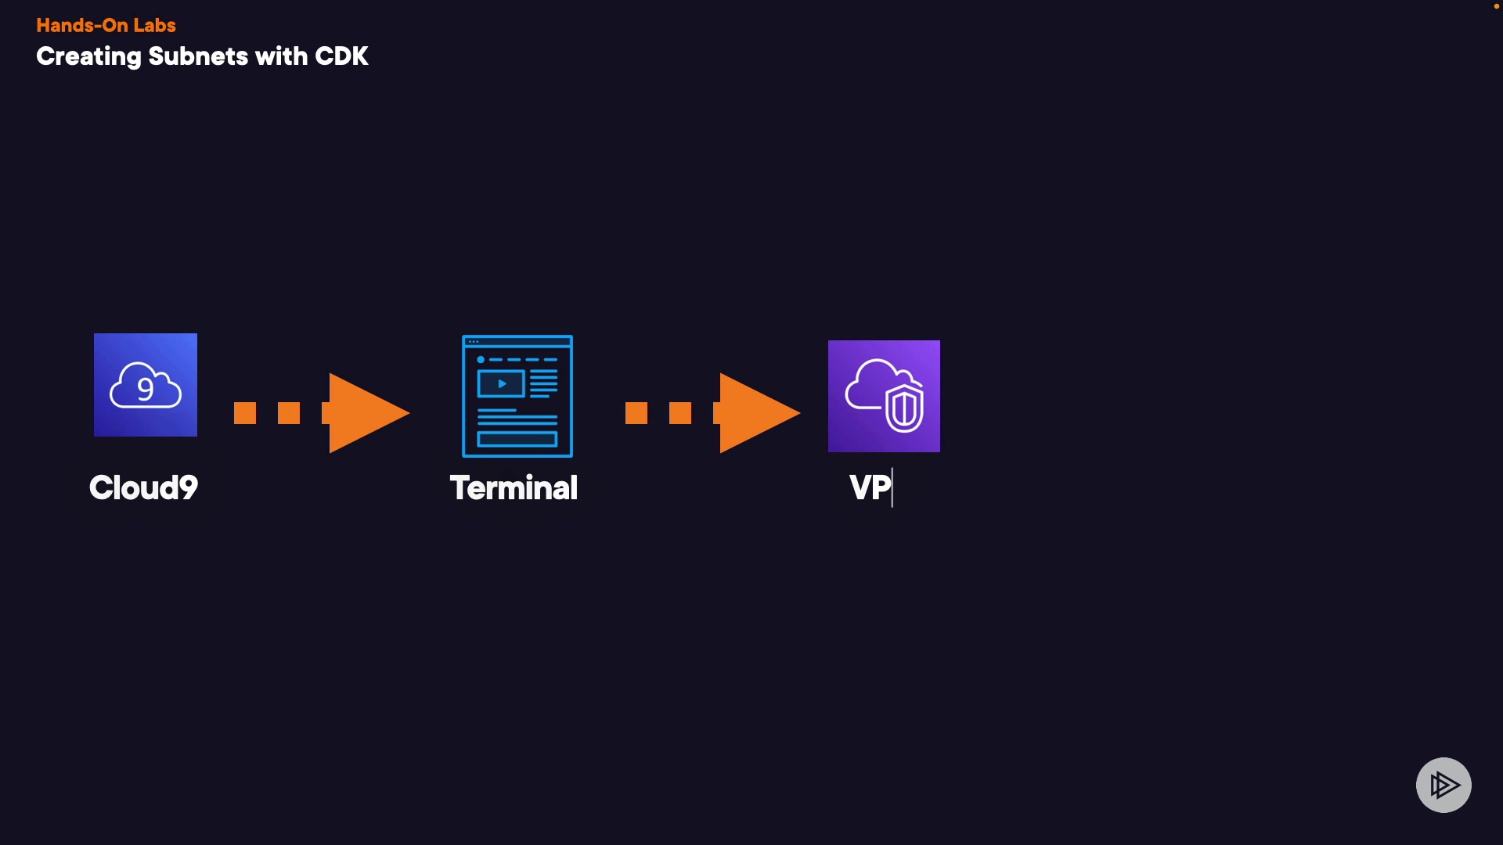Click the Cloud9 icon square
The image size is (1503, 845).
146,385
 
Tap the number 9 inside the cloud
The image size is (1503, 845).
146,389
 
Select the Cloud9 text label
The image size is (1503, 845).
144,488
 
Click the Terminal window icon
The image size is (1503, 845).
517,396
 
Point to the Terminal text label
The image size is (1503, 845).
514,488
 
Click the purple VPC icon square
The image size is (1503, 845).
884,396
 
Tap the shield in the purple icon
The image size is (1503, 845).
905,408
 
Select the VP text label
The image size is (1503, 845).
870,488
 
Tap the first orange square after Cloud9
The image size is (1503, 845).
245,413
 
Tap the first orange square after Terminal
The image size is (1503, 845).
636,413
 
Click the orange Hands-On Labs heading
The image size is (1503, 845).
106,25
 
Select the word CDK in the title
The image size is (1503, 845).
341,56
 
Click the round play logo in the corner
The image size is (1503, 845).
1444,785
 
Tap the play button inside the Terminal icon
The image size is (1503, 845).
501,384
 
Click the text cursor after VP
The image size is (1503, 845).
892,488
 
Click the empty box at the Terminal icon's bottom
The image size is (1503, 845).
517,439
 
